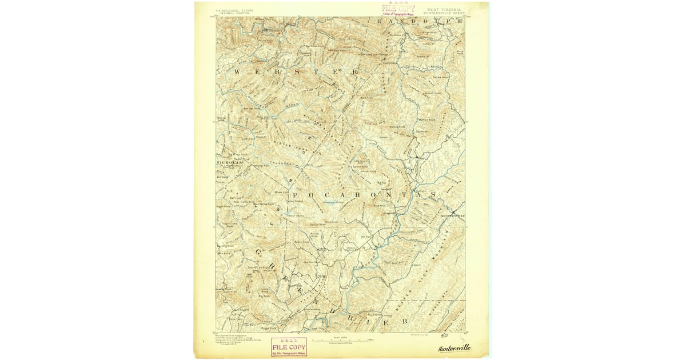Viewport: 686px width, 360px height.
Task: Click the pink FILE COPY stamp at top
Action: (x=398, y=9)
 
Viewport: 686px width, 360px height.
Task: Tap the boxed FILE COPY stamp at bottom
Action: (x=289, y=346)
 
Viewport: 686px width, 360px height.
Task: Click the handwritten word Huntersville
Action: (x=454, y=348)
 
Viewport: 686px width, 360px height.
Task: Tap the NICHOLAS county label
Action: (x=229, y=163)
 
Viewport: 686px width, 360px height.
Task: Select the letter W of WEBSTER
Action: (x=238, y=71)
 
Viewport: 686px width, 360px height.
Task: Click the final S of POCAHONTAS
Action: (x=433, y=194)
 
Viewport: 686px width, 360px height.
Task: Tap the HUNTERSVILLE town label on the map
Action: (x=453, y=215)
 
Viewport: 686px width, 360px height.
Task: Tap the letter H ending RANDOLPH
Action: (x=459, y=21)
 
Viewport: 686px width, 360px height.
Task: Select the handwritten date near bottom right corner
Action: (x=445, y=335)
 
